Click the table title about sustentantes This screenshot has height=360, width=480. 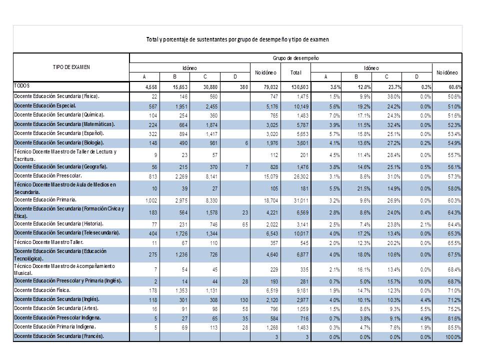coord(237,39)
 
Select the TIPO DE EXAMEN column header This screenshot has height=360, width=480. coord(71,67)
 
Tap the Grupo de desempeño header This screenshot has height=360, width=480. coord(295,58)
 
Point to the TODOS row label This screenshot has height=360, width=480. coord(22,86)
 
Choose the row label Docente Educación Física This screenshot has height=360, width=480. coord(42,290)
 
